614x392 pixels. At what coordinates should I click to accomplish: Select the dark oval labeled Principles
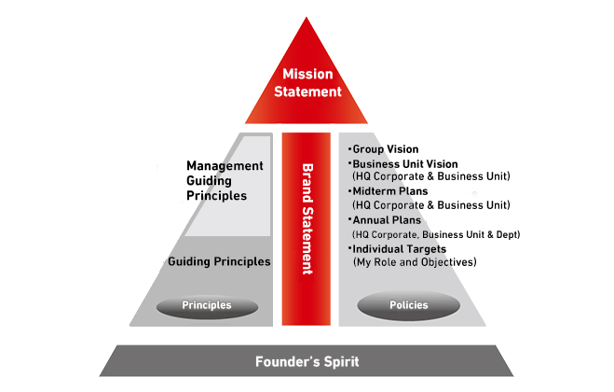click(x=206, y=304)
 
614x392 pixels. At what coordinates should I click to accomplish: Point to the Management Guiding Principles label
click(x=225, y=181)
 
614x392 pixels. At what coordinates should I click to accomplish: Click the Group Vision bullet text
click(x=386, y=148)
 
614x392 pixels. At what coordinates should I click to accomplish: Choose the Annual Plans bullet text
click(x=389, y=220)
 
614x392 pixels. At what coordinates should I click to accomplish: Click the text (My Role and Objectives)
click(x=415, y=263)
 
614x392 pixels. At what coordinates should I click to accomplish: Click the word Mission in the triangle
click(x=307, y=75)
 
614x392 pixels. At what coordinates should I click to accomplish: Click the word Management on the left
click(x=225, y=165)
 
